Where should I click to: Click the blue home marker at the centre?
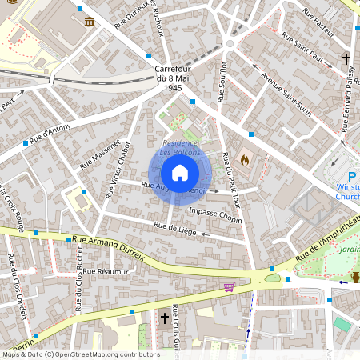(x=180, y=172)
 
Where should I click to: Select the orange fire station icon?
(x=245, y=159)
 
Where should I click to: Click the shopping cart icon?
(x=230, y=286)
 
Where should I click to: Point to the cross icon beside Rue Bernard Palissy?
(x=346, y=59)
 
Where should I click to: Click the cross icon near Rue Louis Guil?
(x=165, y=318)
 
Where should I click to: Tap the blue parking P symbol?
(x=352, y=177)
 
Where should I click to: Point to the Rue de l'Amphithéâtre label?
(x=326, y=243)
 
